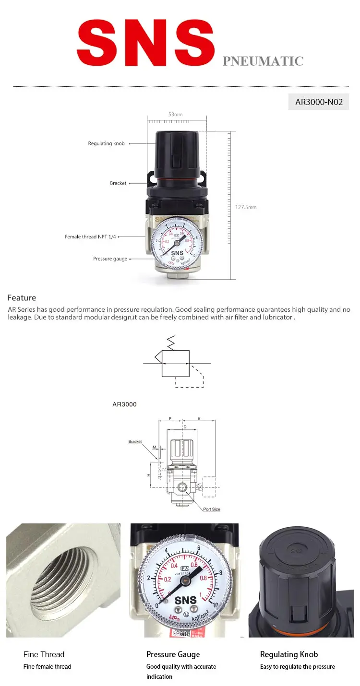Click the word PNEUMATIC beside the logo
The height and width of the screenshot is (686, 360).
(263, 61)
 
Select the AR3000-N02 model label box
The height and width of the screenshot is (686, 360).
(319, 102)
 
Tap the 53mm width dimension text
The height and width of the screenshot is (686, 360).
(175, 115)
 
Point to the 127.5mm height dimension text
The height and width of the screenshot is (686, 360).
(246, 207)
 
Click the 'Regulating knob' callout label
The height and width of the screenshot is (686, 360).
(106, 143)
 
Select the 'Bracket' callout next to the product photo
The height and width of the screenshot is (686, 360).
(118, 183)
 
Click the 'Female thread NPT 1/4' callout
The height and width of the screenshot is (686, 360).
(91, 237)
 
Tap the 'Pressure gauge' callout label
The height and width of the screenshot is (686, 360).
(110, 259)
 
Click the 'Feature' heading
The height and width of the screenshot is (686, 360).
(22, 298)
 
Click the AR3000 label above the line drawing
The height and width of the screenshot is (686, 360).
(124, 404)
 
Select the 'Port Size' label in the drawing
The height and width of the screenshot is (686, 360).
(211, 509)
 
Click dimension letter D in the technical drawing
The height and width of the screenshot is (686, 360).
(185, 426)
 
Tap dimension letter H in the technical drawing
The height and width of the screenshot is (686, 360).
(149, 475)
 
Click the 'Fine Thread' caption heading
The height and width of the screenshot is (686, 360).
(44, 654)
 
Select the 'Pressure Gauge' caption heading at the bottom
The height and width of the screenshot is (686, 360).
(173, 654)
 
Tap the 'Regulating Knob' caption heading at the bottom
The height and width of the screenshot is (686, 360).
(289, 654)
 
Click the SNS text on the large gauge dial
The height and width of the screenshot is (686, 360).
(185, 600)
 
